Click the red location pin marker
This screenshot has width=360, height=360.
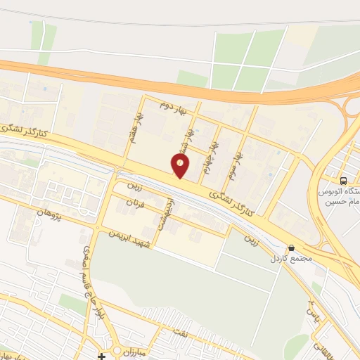[x=181, y=165]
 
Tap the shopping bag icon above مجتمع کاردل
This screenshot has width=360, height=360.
[x=290, y=247]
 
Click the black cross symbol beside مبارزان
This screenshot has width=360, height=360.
[x=102, y=356]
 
